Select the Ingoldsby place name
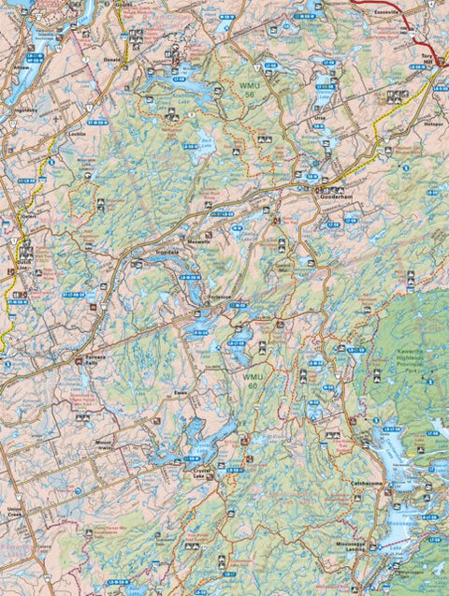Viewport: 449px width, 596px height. point(20,109)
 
